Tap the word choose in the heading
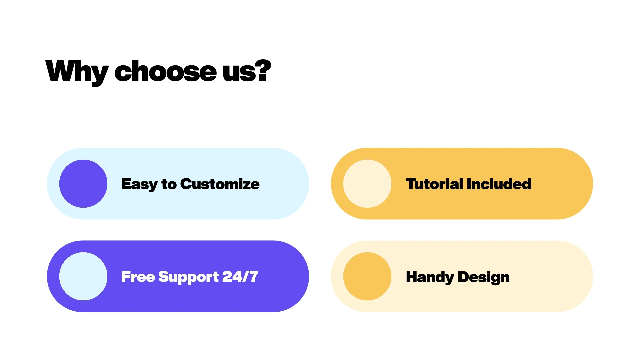point(166,71)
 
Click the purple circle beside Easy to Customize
point(83,184)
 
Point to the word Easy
point(139,185)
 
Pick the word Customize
point(220,184)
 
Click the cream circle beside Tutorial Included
point(367,184)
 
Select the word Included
point(499,184)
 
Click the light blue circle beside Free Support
point(83,276)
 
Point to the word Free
point(138,277)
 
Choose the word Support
point(189,277)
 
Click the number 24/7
point(240,277)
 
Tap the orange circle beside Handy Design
point(367,276)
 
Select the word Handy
point(430,277)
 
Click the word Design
point(484,277)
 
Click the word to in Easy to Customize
point(169,184)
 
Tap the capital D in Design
point(464,277)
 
